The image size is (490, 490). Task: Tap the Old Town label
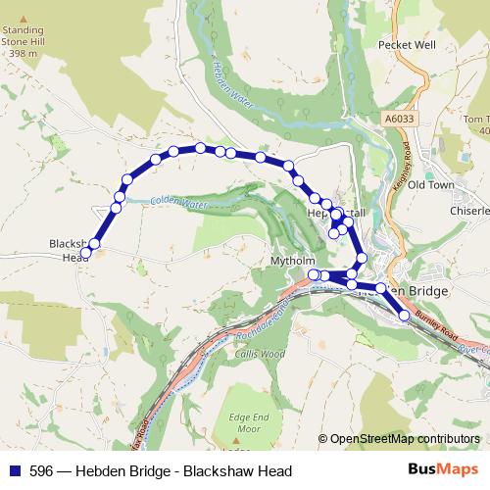431,184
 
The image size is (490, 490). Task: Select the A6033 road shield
392,118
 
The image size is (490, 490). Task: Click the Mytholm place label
291,262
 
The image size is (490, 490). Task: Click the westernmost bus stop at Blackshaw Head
85,253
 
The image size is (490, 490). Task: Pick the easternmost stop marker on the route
404,316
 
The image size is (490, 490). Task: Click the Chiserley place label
468,211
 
